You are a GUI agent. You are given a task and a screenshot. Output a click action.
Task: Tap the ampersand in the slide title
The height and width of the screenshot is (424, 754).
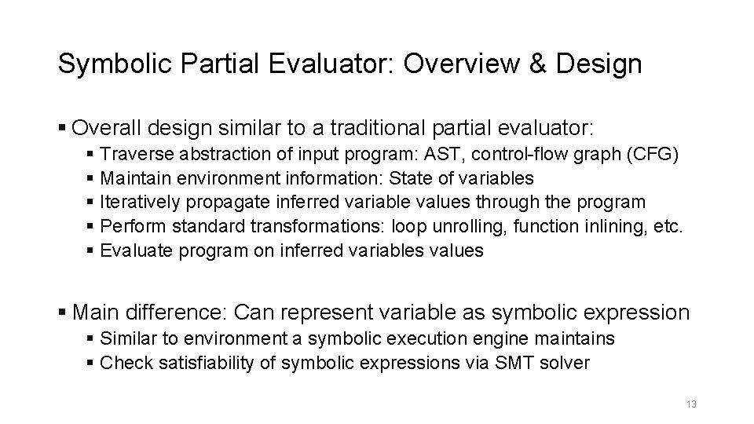tap(540, 64)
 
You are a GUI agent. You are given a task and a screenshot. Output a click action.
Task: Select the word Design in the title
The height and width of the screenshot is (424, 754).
tap(598, 64)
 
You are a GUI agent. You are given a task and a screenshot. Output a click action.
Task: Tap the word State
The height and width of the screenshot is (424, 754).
tap(420, 177)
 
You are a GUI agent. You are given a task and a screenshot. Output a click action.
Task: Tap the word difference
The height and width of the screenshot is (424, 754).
tap(174, 312)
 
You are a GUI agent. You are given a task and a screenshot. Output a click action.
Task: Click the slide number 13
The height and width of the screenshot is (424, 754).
tap(691, 404)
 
